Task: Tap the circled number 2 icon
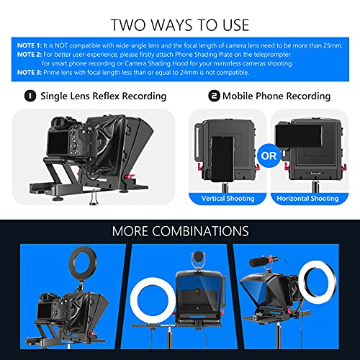[x=215, y=96]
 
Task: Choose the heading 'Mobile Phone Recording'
[x=276, y=96]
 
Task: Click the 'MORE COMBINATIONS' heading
[x=180, y=231]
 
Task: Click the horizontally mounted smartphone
[x=305, y=133]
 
